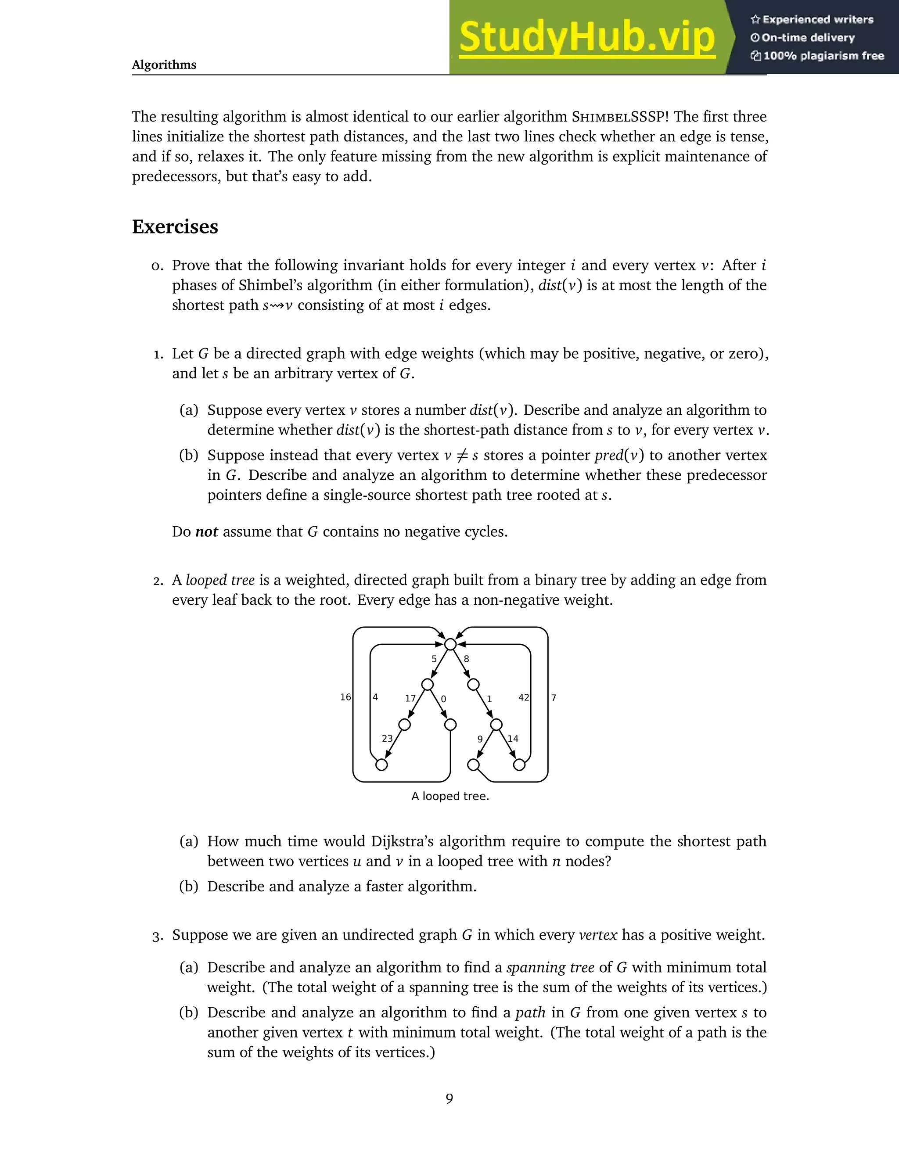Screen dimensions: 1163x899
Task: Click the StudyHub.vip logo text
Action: click(586, 37)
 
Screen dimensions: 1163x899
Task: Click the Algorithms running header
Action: click(164, 65)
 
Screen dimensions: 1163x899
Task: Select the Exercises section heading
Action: click(175, 227)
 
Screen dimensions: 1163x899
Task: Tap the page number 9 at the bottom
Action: click(449, 1098)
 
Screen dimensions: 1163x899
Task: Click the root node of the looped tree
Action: click(450, 644)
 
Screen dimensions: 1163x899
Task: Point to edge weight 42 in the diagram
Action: click(524, 698)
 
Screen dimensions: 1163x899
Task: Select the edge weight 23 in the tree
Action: click(387, 739)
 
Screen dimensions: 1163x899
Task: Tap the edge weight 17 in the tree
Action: click(410, 698)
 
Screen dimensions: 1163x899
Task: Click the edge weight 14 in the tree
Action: click(513, 739)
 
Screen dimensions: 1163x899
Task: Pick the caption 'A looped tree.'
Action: click(450, 796)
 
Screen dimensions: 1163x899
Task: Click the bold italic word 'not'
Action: click(207, 531)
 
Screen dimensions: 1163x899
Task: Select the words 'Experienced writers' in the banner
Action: click(817, 20)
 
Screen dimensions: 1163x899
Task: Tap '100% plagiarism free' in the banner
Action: click(823, 56)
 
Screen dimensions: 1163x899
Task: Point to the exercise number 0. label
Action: click(158, 266)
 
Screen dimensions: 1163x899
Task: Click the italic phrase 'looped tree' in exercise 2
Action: click(220, 580)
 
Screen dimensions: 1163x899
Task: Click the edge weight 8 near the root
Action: click(467, 659)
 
